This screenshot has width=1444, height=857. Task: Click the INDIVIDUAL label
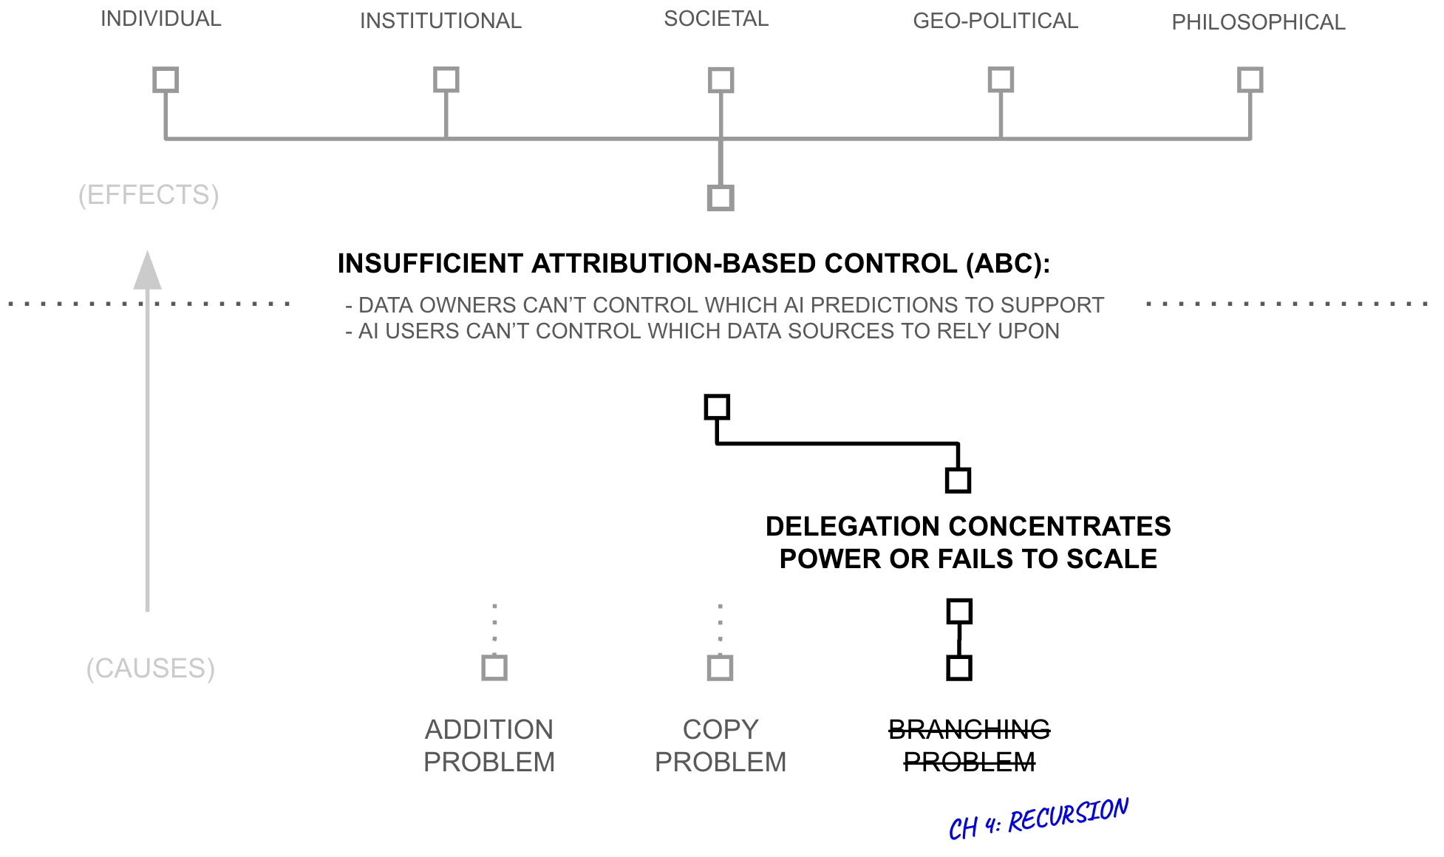(160, 18)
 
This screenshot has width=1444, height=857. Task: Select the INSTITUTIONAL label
(440, 21)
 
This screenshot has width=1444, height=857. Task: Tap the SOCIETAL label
(716, 18)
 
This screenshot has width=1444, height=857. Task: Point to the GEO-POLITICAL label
(995, 21)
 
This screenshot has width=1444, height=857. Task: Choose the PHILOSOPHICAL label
(1258, 22)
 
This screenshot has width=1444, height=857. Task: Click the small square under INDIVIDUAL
(166, 80)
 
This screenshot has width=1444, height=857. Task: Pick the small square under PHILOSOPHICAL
(1250, 80)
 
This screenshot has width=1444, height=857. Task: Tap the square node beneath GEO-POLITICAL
(1001, 80)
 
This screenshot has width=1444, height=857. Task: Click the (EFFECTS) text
(149, 195)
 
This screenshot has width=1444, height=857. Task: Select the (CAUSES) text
(151, 668)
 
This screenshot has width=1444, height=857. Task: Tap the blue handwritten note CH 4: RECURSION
(1038, 819)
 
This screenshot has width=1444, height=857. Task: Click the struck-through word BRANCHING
(969, 730)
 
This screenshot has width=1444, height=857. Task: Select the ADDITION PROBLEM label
(488, 745)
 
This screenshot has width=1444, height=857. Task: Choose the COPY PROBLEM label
(721, 745)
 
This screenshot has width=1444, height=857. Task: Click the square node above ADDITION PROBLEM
(494, 667)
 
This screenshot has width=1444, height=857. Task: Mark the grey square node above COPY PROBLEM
(720, 667)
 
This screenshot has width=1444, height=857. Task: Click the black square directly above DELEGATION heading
(958, 480)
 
